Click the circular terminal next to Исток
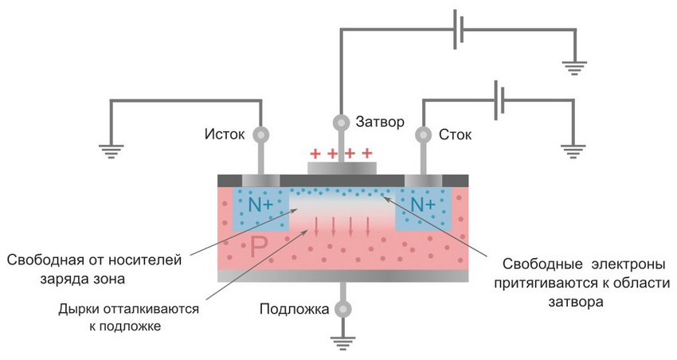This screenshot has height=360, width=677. [259, 135]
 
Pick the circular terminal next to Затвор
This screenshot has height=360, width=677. [340, 123]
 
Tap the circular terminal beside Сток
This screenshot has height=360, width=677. [422, 135]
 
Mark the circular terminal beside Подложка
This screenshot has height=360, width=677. [341, 308]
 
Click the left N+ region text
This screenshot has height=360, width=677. [260, 205]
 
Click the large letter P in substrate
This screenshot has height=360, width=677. [258, 248]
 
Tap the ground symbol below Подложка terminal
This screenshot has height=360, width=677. [341, 343]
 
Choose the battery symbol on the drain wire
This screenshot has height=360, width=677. [500, 99]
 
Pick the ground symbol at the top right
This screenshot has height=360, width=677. [573, 67]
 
